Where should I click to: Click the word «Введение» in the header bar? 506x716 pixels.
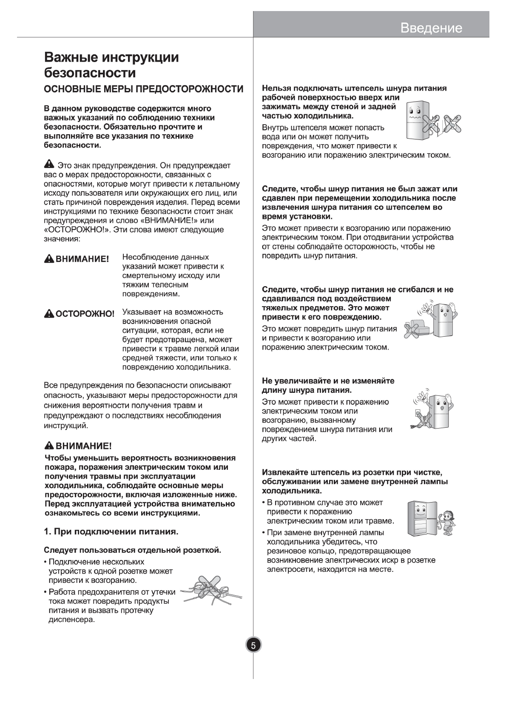(x=431, y=28)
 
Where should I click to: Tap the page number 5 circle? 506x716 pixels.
(x=253, y=645)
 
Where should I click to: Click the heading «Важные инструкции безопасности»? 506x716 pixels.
(x=112, y=65)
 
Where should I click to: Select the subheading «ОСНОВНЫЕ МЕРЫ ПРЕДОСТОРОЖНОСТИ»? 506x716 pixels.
(x=144, y=89)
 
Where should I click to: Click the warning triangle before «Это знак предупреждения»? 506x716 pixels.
(x=49, y=165)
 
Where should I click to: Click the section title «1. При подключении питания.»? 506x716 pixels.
(x=111, y=532)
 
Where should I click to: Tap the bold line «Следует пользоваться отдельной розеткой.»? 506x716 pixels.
(x=133, y=551)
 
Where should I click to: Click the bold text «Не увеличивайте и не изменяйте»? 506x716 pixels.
(x=328, y=381)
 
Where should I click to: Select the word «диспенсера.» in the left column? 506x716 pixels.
(x=71, y=620)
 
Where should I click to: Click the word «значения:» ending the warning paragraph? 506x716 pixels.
(x=62, y=239)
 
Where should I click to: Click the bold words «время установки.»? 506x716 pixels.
(x=297, y=217)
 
